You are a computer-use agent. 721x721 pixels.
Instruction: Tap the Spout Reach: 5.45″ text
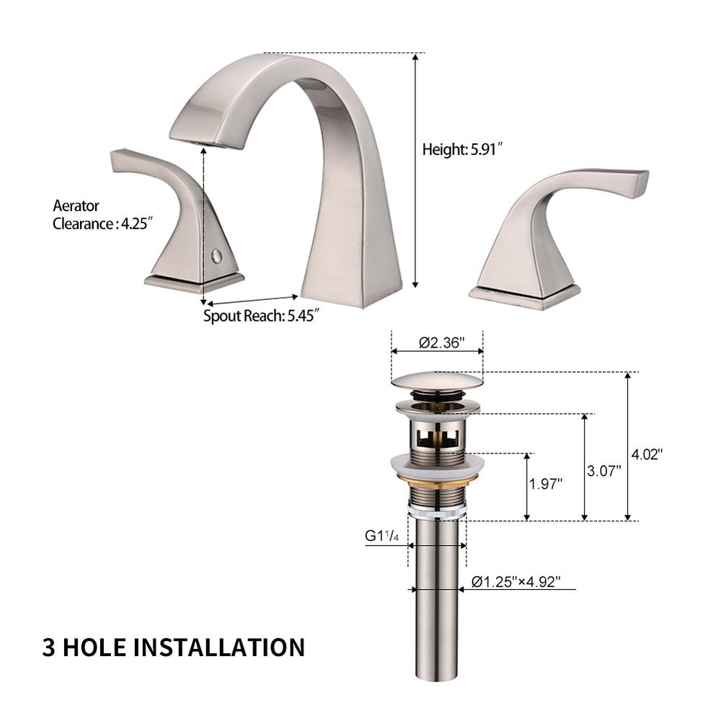click(261, 316)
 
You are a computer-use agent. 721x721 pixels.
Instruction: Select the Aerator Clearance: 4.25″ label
click(102, 215)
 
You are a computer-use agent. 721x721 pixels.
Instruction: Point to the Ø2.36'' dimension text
click(441, 342)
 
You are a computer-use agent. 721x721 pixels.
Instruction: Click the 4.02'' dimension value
click(647, 454)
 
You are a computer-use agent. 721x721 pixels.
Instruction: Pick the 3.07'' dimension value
click(603, 471)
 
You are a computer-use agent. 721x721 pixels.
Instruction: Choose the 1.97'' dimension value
click(546, 484)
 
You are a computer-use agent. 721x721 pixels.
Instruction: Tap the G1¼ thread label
click(381, 536)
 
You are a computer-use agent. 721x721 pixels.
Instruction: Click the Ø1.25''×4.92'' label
click(516, 582)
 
